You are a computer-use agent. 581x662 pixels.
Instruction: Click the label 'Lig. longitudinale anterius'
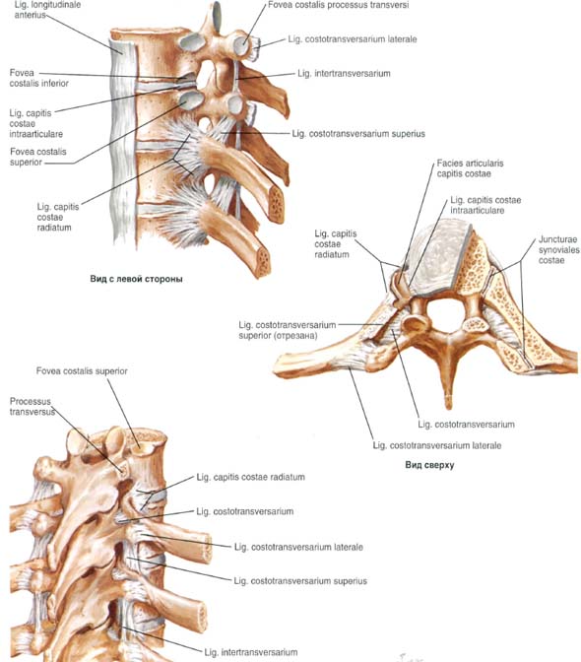[47, 10]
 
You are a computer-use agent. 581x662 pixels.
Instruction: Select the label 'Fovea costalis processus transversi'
[339, 6]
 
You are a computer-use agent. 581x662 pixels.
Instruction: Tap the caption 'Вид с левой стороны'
[136, 279]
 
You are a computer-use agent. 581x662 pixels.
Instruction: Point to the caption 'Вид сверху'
[429, 465]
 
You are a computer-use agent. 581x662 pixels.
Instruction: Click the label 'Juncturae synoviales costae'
[558, 249]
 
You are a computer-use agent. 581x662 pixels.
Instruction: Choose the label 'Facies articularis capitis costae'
[470, 168]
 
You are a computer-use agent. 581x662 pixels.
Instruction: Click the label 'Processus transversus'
[32, 407]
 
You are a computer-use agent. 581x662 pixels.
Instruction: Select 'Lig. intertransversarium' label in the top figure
[344, 74]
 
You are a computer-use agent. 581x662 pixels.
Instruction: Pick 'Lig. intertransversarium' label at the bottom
[251, 652]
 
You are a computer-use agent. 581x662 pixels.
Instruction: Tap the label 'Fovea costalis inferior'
[38, 78]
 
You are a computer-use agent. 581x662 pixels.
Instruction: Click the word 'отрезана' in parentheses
[298, 336]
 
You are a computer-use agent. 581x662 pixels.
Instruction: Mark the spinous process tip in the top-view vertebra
[448, 406]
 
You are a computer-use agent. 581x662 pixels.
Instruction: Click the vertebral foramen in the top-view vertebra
[445, 313]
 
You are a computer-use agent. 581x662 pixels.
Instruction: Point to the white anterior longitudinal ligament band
[123, 139]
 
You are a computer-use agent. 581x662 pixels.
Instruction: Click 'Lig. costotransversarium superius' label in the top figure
[358, 134]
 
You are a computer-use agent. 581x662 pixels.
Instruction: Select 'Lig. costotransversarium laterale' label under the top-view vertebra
[436, 445]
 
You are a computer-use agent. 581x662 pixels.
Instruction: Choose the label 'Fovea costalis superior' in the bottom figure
[82, 371]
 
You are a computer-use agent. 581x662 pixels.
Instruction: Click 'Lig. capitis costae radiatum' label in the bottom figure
[251, 477]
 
